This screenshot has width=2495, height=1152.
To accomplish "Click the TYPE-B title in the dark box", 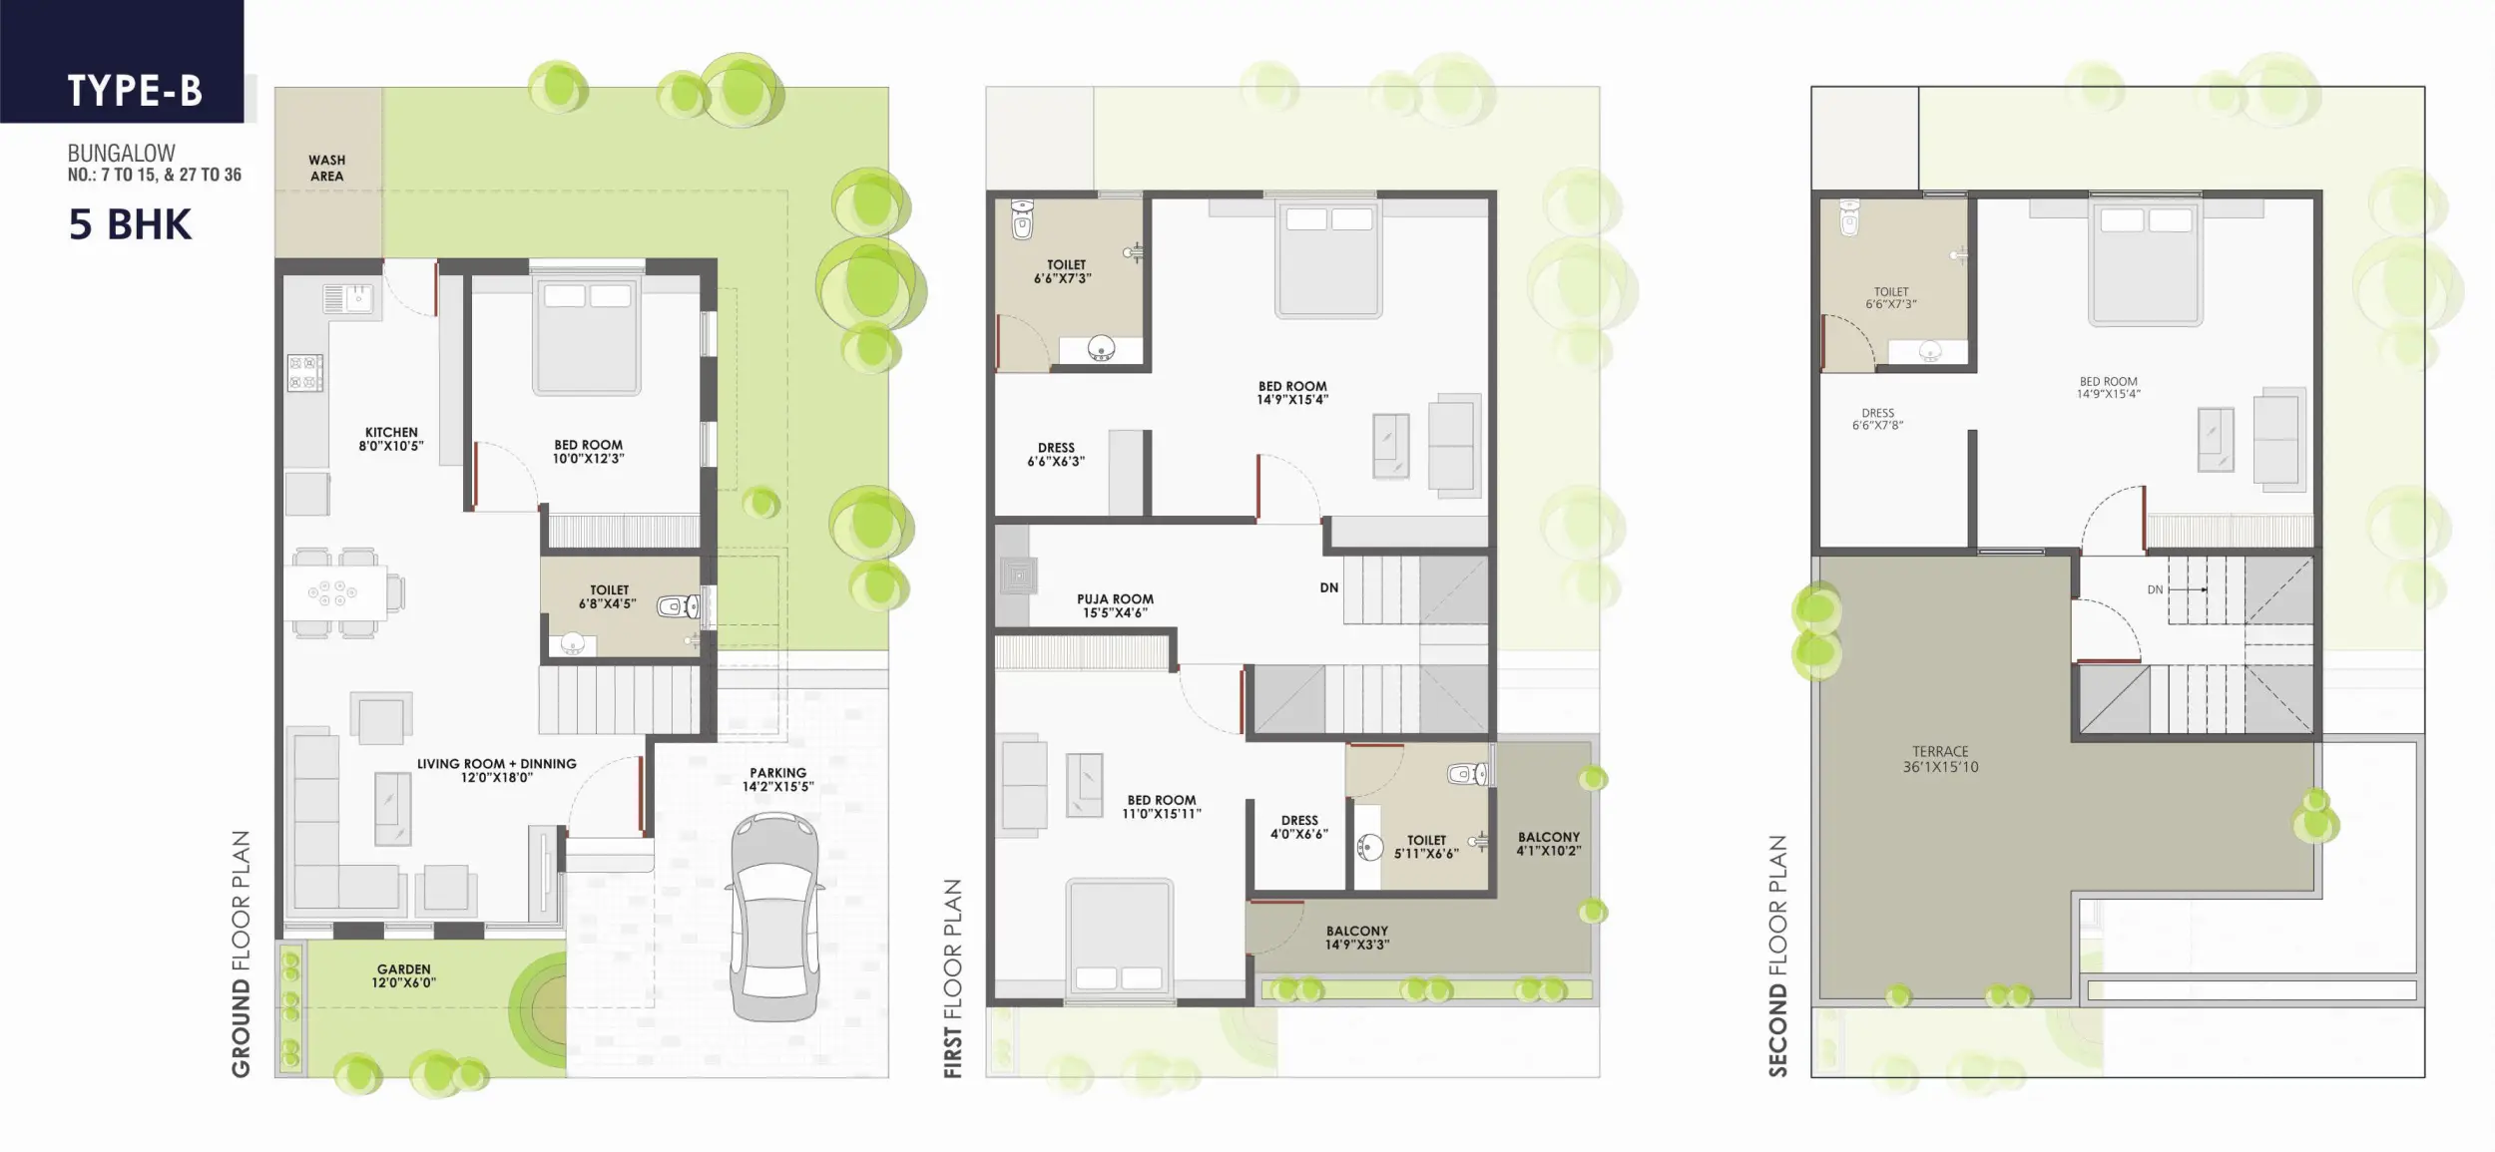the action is coord(135,91).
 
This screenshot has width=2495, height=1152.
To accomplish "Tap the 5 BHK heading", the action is coord(130,224).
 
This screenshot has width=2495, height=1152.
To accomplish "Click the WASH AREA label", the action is coord(326,168).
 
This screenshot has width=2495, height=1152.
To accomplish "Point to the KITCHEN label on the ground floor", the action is coord(391,433).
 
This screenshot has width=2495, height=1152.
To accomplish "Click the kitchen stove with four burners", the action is coord(305,373).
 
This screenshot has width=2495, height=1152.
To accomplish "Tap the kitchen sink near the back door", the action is coord(347,297).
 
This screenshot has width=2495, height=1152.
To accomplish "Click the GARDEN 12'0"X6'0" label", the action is coord(404,975).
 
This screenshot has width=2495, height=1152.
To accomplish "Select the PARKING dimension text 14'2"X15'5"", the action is coord(778,786).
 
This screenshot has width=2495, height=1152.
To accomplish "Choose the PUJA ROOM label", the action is coord(1115,599).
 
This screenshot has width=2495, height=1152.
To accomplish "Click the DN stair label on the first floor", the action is coord(1329,587).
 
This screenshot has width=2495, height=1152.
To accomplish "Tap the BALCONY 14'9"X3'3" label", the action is coord(1357,938).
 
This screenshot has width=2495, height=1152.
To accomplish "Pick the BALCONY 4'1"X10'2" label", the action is coord(1549,844).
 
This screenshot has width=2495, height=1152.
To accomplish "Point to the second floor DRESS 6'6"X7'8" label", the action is coord(1877,419).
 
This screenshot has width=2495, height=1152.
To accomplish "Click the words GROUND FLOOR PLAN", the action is coord(242,954).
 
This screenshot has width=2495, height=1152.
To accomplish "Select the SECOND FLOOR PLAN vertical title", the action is coord(1777,956).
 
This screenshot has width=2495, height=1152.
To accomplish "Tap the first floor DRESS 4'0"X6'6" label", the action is coord(1299,827).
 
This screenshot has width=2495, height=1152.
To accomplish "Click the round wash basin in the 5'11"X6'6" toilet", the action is coord(1368,848).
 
